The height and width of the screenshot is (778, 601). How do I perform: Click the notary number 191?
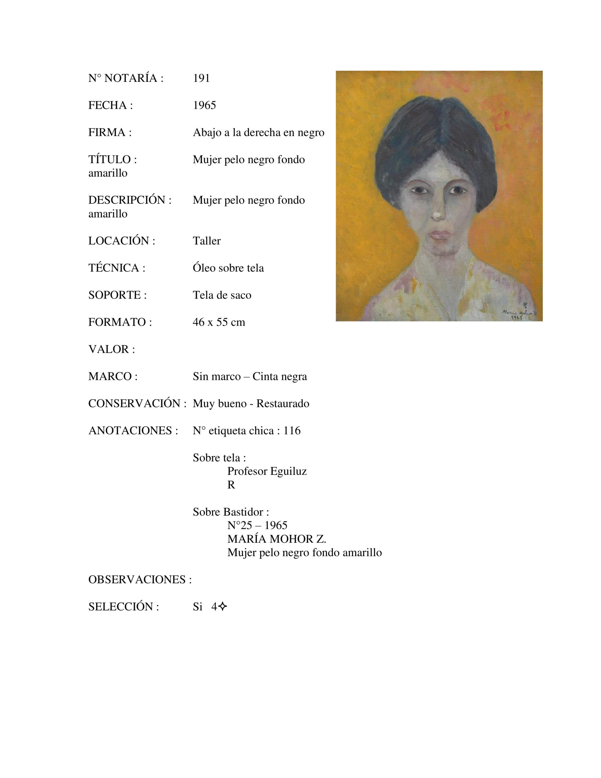pos(201,78)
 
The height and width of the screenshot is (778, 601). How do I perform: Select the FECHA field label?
pos(110,105)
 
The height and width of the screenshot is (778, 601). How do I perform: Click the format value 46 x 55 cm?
pos(219,322)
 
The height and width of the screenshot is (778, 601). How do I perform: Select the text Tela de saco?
pos(222,295)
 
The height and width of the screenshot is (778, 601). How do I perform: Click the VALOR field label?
pos(112,349)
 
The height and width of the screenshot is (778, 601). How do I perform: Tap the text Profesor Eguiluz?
pos(267,471)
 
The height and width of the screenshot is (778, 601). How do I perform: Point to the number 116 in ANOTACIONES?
pos(292,431)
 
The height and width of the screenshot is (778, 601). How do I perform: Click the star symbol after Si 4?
pos(223,607)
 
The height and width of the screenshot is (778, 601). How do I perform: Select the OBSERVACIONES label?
pos(140,580)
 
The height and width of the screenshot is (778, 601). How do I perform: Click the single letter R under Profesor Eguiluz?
pos(231,485)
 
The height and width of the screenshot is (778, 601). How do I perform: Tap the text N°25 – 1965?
pos(257,525)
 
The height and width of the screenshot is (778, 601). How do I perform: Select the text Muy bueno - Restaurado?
pos(251,404)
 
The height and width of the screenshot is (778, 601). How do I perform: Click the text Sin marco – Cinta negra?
pos(250,377)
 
